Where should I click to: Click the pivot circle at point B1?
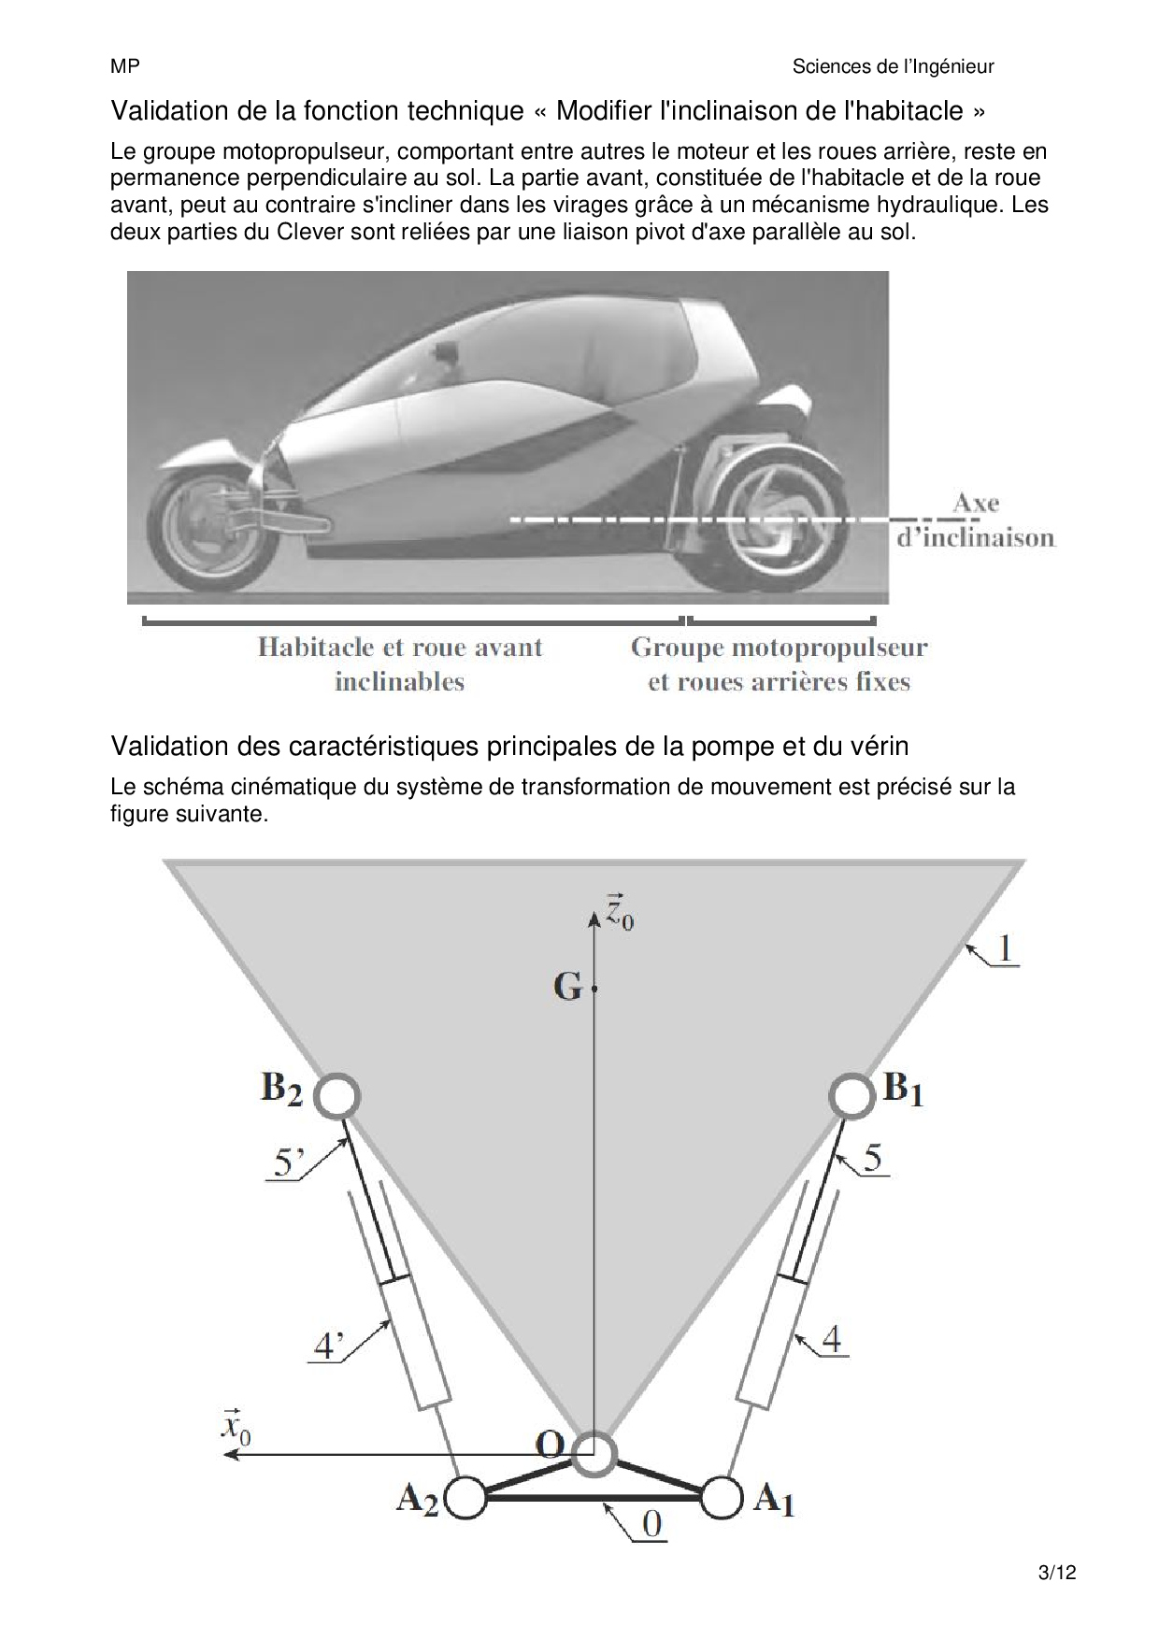[851, 1095]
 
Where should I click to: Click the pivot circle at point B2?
[337, 1095]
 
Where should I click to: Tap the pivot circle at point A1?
[720, 1498]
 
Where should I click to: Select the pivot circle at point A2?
[466, 1498]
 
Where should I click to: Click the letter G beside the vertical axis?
[567, 987]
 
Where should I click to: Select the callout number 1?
[1004, 949]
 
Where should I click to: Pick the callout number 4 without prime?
[831, 1339]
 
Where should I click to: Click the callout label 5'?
[288, 1164]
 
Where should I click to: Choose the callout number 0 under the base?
[651, 1524]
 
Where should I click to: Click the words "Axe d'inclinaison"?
[975, 520]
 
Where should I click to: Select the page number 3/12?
[1057, 1572]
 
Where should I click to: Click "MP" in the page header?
[124, 66]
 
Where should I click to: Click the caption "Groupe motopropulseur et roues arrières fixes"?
[779, 663]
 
